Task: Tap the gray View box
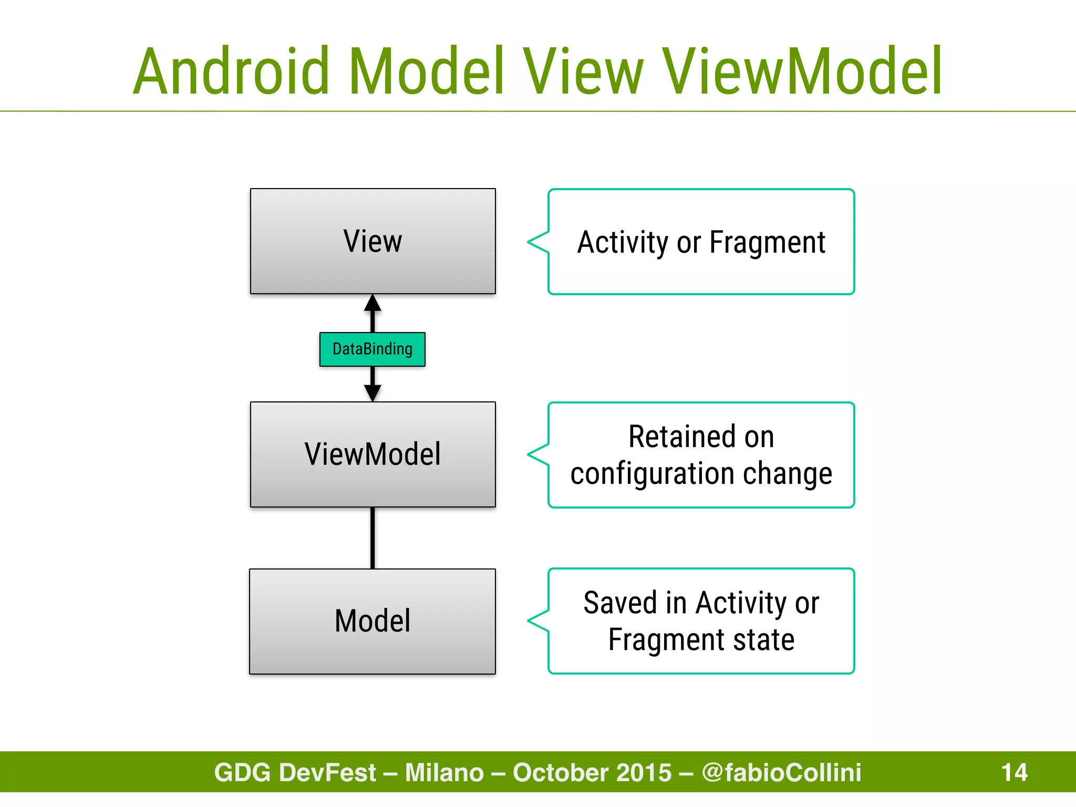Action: (373, 241)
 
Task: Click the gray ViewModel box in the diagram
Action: (373, 454)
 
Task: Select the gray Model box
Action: (373, 621)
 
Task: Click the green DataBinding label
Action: (373, 349)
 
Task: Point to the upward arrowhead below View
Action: (373, 303)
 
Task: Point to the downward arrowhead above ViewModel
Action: (373, 392)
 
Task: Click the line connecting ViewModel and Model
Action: (373, 537)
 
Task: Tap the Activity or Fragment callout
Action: (701, 242)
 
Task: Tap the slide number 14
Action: (1014, 772)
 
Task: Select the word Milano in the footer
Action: (444, 772)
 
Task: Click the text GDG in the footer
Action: (242, 772)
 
